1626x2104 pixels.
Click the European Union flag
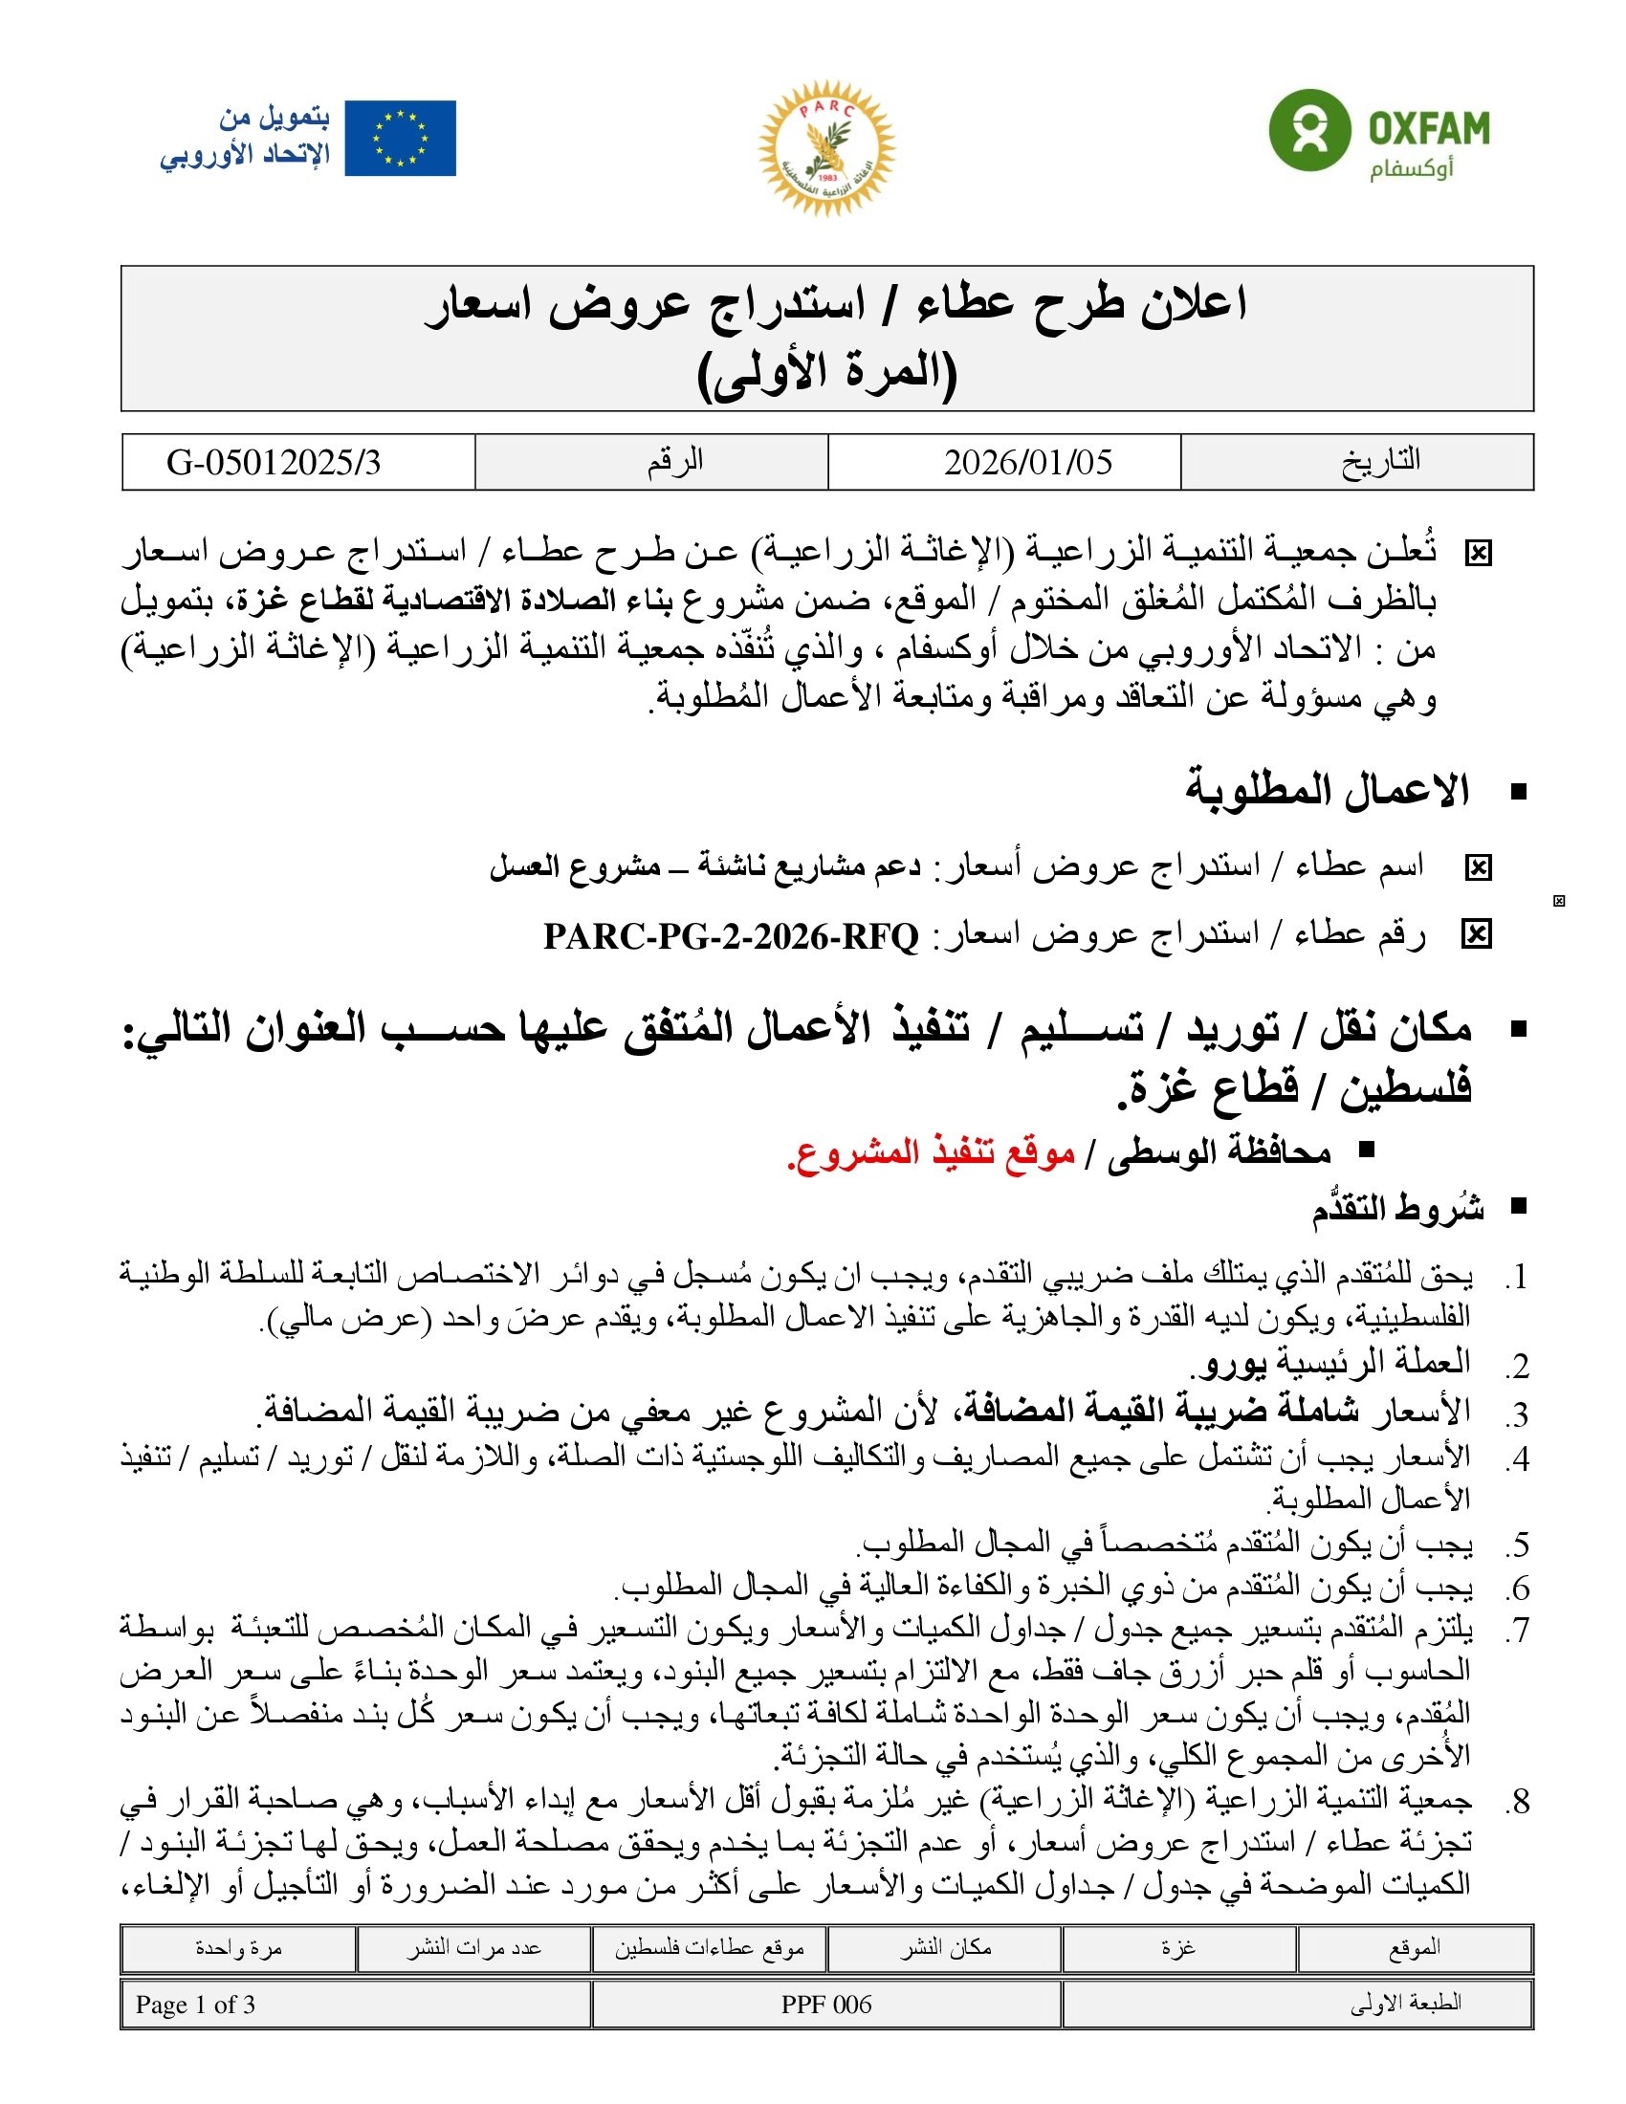point(400,138)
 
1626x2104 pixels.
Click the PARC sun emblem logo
point(826,146)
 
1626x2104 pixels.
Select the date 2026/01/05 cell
point(1028,463)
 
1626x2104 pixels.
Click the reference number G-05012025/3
point(274,463)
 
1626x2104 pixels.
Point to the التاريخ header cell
point(1380,461)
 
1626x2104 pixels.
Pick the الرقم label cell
point(674,461)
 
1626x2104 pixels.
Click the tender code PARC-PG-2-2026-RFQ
point(731,935)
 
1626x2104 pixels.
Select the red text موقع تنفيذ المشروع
point(932,1153)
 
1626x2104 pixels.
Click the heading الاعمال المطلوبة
point(1327,791)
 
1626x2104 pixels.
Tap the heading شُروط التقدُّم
point(1396,1209)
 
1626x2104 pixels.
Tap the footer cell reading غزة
point(1178,1948)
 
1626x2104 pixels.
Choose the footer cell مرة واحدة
point(238,1948)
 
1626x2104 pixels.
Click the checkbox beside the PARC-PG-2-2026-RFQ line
point(1476,934)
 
